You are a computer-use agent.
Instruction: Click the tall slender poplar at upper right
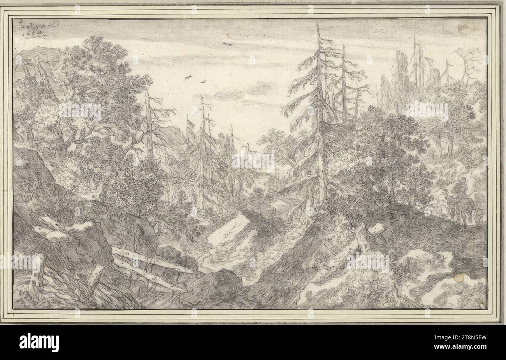pyautogui.click(x=401, y=78)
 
